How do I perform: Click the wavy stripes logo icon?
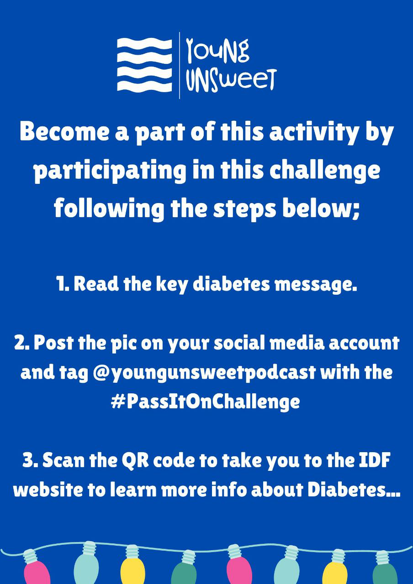pos(145,65)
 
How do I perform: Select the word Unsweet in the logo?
pos(230,80)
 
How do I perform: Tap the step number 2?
pos(22,343)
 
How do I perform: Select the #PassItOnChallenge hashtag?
pos(205,402)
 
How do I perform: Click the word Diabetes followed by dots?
pos(354,490)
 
